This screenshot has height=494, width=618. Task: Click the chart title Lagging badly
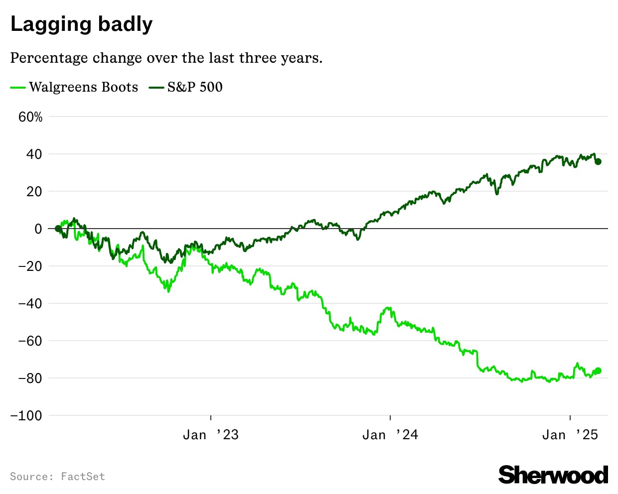tap(81, 24)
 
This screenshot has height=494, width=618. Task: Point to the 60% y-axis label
tap(30, 117)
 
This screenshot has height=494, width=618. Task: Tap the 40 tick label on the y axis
tap(34, 154)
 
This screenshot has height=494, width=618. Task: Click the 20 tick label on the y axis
tap(34, 192)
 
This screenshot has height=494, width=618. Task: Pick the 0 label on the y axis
tap(38, 229)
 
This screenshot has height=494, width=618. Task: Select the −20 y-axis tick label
tap(30, 266)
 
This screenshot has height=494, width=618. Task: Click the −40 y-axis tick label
tap(30, 304)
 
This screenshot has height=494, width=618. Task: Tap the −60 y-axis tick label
tap(30, 341)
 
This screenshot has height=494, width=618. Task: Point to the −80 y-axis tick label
tap(30, 378)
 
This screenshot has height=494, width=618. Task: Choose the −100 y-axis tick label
tap(26, 416)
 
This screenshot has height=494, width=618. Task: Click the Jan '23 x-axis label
tap(211, 435)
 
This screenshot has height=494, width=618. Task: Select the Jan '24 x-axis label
tap(390, 435)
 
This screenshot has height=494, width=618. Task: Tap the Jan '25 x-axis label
tap(570, 435)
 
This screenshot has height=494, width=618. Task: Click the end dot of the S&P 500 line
tap(598, 161)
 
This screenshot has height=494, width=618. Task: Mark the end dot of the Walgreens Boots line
tap(598, 370)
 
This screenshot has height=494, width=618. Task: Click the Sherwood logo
tap(553, 475)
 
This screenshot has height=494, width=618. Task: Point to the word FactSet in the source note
tap(83, 477)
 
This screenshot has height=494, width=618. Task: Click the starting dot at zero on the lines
tap(58, 229)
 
